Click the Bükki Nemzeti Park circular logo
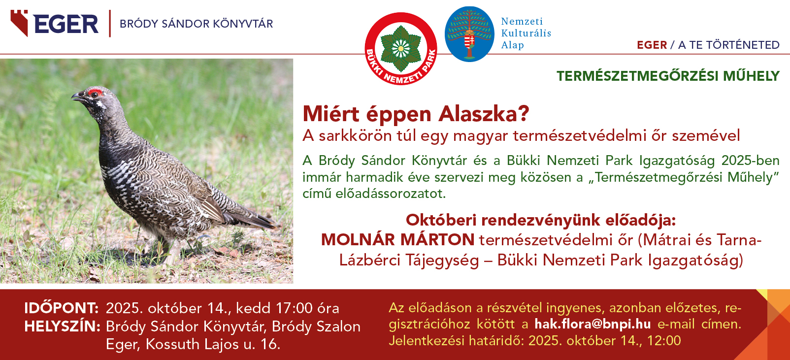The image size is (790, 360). click(400, 49)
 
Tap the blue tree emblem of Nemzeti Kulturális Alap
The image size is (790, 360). click(469, 34)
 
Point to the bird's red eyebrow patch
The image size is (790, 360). click(95, 93)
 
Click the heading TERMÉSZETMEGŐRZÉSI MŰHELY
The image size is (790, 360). click(668, 76)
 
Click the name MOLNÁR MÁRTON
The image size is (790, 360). click(397, 240)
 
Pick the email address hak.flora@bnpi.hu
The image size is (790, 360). click(592, 324)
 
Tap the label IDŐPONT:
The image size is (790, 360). click(62, 308)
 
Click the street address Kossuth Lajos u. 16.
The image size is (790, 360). click(213, 344)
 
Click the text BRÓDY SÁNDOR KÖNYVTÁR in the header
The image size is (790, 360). click(196, 24)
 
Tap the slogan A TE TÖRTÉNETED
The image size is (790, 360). click(728, 45)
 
